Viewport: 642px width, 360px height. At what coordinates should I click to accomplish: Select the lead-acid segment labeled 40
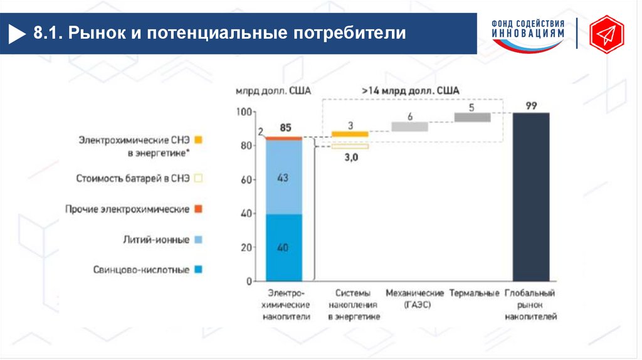pos(283,247)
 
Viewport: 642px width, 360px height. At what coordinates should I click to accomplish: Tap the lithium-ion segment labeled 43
pos(283,177)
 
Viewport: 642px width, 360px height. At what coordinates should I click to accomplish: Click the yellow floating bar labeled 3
pos(350,134)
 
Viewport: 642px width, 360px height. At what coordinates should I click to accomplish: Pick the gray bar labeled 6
pos(409,127)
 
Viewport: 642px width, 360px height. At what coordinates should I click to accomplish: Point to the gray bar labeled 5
pos(472,117)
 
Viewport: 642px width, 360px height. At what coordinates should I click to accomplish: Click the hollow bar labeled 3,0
pos(350,147)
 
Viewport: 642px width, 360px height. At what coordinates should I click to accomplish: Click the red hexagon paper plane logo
pos(606,34)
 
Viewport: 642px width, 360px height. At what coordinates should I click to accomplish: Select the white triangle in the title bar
pos(17,34)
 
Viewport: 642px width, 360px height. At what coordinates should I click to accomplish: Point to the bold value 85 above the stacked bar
pos(285,128)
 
